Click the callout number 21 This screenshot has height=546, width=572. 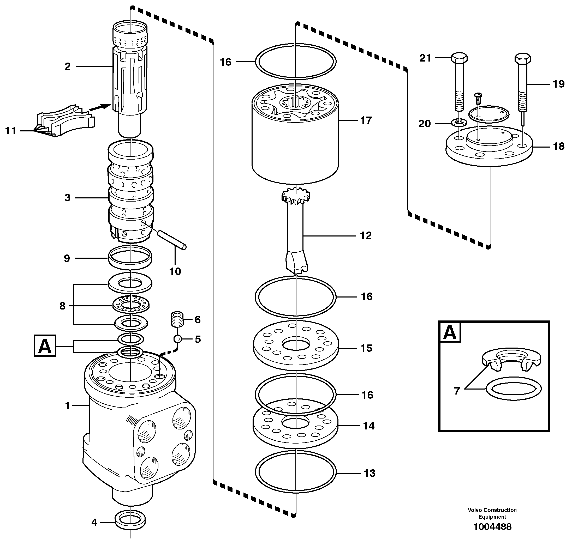click(x=425, y=58)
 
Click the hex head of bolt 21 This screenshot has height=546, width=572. click(x=459, y=57)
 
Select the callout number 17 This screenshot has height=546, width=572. click(x=366, y=120)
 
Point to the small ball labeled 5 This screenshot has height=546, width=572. click(x=178, y=339)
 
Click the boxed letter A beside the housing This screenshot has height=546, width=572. click(x=45, y=346)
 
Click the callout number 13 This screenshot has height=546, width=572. click(x=369, y=473)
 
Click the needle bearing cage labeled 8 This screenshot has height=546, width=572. click(x=131, y=305)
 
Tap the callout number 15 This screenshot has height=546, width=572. click(x=366, y=348)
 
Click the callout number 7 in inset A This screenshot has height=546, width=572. click(x=457, y=391)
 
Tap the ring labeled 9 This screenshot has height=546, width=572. click(x=130, y=257)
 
